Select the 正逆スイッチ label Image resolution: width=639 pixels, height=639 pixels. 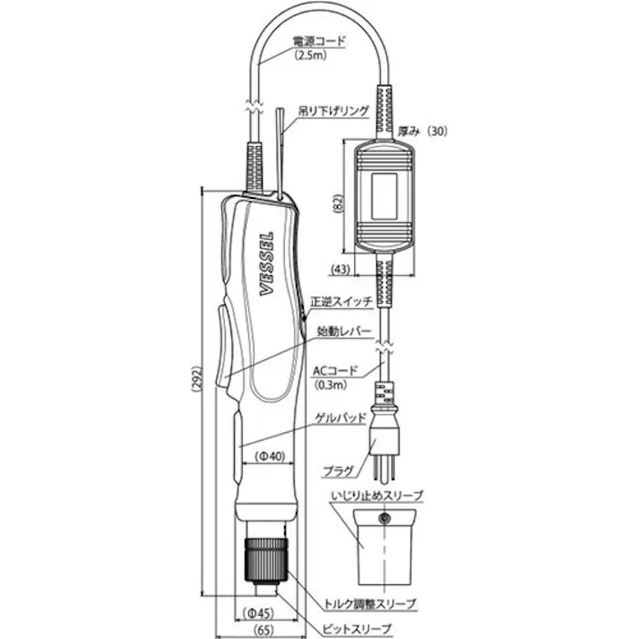pyautogui.click(x=341, y=302)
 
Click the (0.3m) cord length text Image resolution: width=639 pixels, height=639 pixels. pyautogui.click(x=332, y=385)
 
